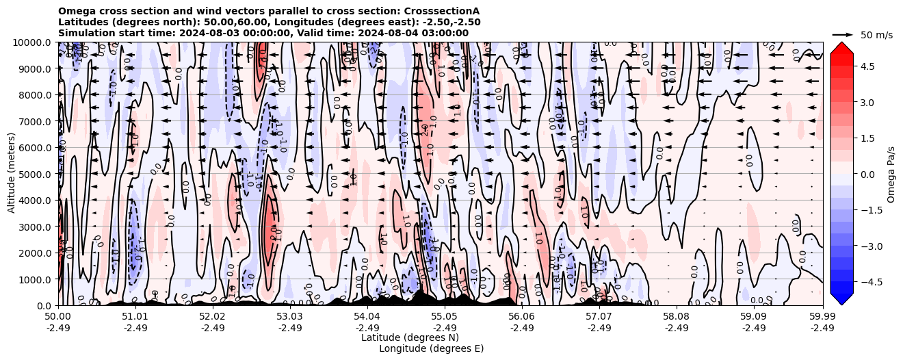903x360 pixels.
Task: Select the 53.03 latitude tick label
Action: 289,317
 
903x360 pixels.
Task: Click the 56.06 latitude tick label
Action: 521,317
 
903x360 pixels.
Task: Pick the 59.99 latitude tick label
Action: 822,317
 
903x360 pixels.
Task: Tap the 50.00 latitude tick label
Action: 58,317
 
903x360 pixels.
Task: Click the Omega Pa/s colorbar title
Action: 891,174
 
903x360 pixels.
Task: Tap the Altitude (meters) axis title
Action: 12,174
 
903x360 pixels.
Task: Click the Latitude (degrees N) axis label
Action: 410,337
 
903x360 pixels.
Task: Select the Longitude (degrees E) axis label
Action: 431,348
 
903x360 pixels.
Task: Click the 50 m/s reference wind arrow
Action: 843,34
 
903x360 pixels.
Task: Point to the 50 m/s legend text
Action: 876,35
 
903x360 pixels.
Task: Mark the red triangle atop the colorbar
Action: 841,47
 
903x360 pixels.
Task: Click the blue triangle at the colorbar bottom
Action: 841,298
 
